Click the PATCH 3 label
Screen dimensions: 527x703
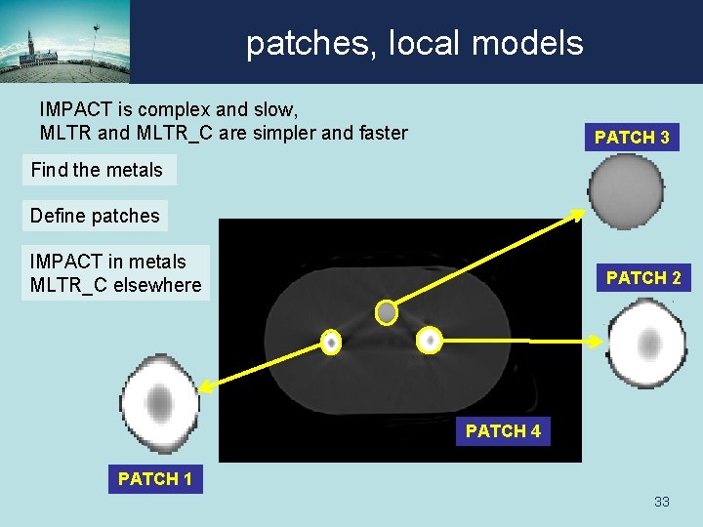click(632, 138)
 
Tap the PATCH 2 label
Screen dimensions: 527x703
click(642, 278)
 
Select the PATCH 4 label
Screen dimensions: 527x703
click(503, 430)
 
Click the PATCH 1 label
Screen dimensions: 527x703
click(154, 478)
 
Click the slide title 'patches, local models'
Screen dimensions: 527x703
click(414, 43)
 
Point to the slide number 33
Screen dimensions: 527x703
click(661, 502)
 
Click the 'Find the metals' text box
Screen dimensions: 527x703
click(98, 170)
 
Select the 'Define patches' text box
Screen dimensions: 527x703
click(95, 216)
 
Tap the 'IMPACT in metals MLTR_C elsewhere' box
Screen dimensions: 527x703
click(115, 273)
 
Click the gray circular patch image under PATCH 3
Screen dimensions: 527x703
click(626, 191)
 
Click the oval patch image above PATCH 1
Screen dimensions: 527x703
click(159, 403)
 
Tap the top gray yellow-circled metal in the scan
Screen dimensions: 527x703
click(387, 312)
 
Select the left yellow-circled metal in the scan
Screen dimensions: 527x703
click(331, 343)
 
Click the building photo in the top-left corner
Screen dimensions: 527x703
click(64, 42)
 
